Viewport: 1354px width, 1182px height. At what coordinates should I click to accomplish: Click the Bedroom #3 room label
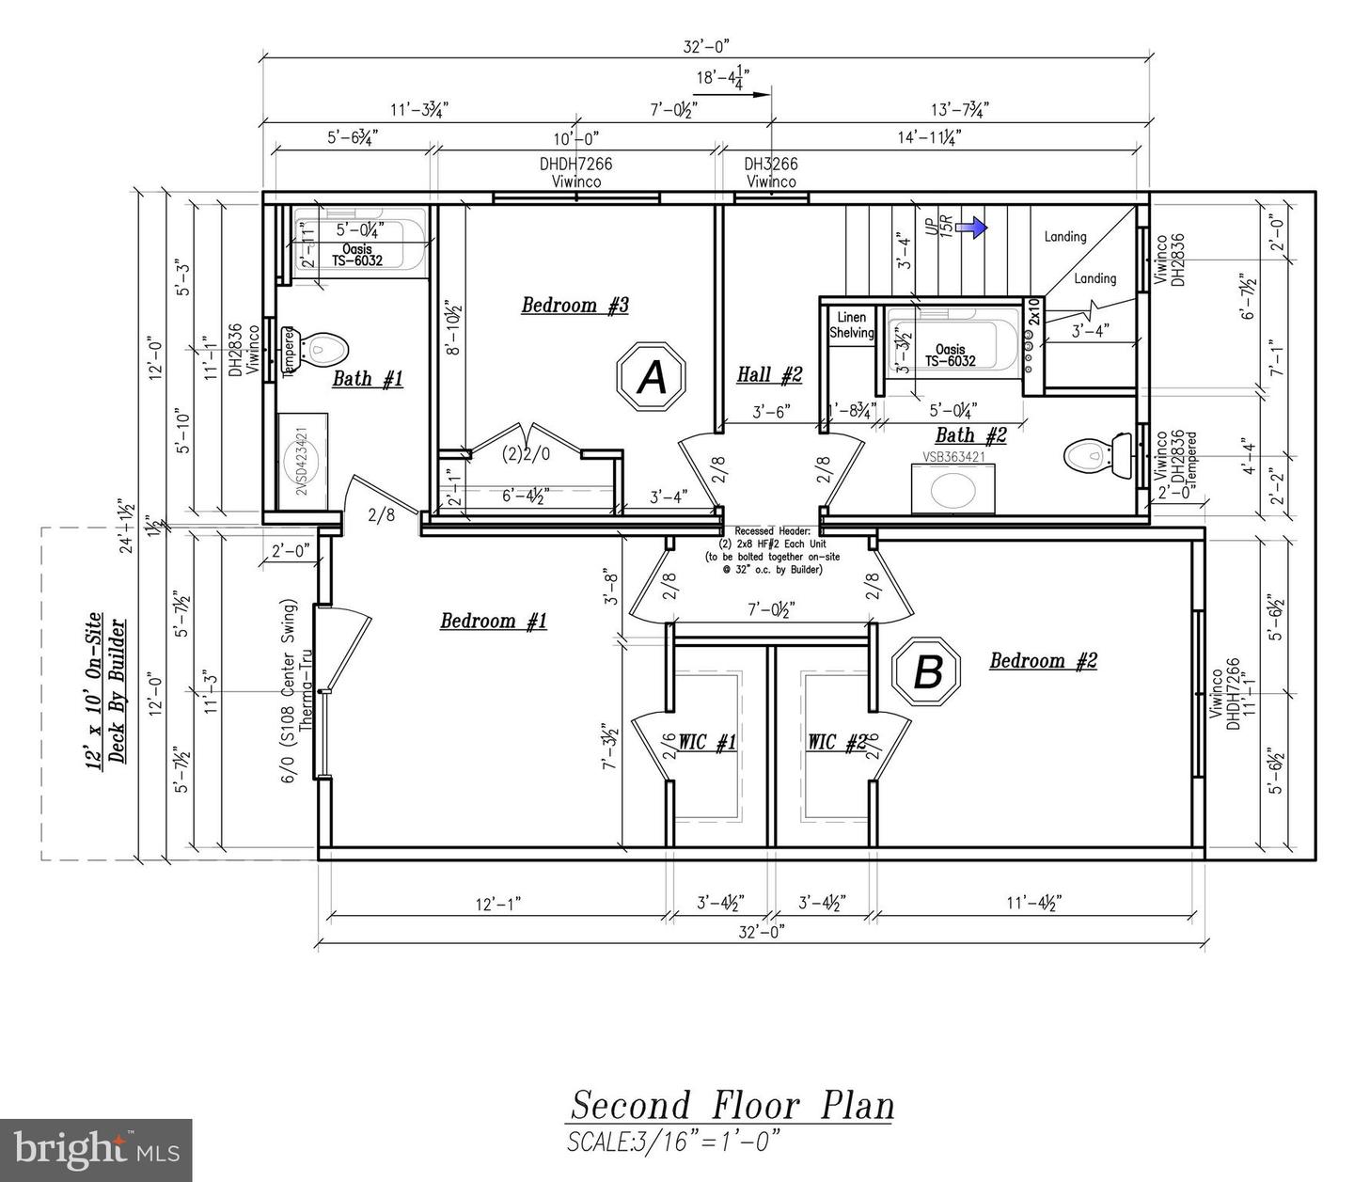pos(575,305)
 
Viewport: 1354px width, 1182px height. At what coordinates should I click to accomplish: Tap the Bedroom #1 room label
pos(494,621)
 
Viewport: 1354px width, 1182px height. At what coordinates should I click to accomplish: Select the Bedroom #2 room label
pos(1043,660)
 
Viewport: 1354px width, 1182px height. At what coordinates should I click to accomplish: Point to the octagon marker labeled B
pos(927,671)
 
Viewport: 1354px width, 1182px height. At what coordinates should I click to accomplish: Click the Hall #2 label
pos(769,374)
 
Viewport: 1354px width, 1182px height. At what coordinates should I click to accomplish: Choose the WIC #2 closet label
pos(836,743)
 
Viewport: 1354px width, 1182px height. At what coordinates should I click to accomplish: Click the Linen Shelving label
pos(851,325)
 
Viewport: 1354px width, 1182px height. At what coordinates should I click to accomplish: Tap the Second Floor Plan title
pos(732,1105)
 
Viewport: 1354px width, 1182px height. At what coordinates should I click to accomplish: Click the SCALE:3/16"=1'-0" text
pos(673,1142)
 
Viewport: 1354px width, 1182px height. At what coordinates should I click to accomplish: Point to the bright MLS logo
pos(96,1149)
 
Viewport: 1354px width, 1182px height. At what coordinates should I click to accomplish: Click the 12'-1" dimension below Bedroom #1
pos(497,904)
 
